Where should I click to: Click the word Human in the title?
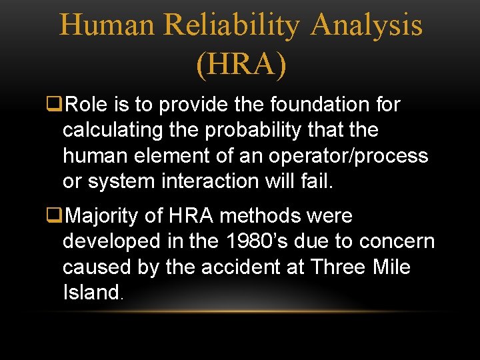(x=107, y=25)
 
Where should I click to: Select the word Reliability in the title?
(x=232, y=25)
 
